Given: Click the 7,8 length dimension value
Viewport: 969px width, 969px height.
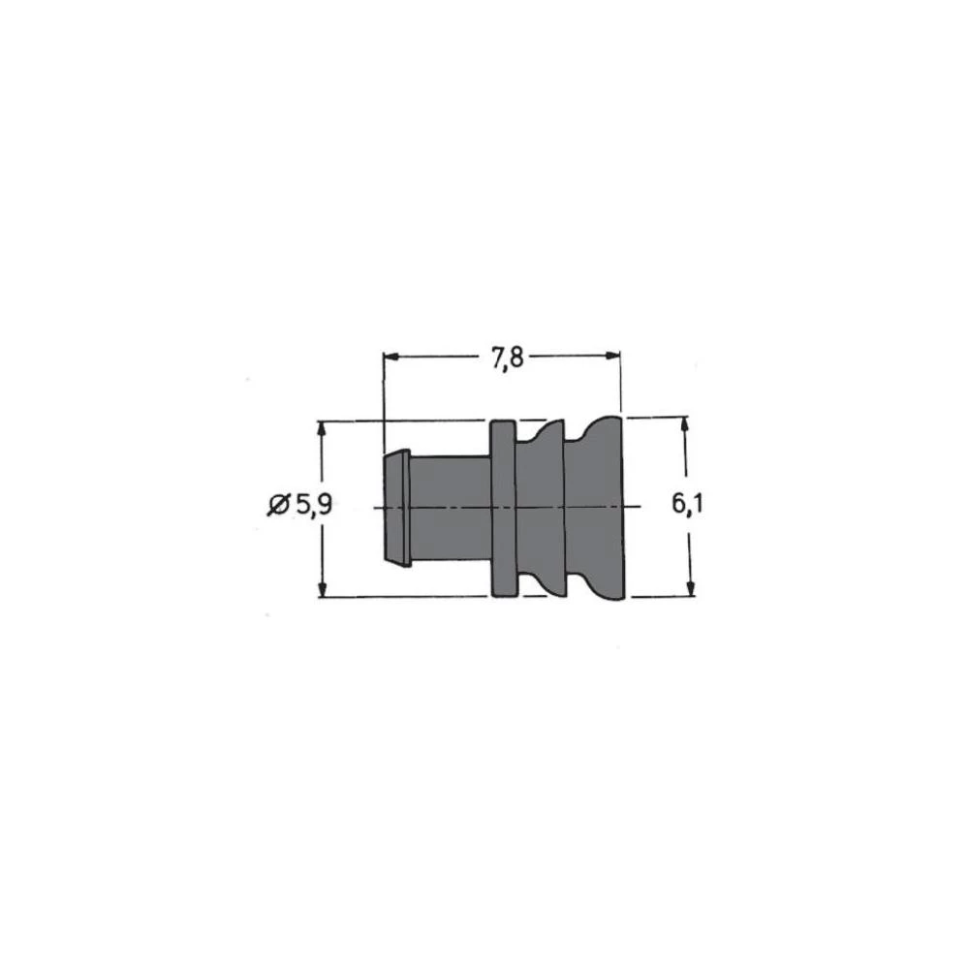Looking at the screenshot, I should pyautogui.click(x=506, y=358).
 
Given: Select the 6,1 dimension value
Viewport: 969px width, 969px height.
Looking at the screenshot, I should pyautogui.click(x=687, y=505).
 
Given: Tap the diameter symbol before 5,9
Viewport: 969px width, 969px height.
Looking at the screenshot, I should pyautogui.click(x=278, y=505).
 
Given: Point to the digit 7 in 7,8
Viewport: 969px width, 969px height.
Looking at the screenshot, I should pyautogui.click(x=495, y=358).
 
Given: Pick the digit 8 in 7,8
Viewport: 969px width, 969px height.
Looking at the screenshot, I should pyautogui.click(x=516, y=358).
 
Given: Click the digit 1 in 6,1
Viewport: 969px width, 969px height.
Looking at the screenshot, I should pyautogui.click(x=696, y=505).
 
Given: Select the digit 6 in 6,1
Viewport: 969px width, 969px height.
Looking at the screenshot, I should pyautogui.click(x=678, y=505).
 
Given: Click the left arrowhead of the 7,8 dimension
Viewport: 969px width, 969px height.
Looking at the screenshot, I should pyautogui.click(x=391, y=357).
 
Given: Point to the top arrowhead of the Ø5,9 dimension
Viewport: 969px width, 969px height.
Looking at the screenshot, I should pyautogui.click(x=322, y=429).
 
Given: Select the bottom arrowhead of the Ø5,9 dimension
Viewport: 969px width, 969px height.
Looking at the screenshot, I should pyautogui.click(x=322, y=589).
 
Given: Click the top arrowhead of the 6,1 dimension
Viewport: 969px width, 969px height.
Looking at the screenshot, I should pyautogui.click(x=687, y=425).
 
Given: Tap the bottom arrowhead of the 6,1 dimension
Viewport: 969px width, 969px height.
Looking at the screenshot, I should pyautogui.click(x=689, y=589).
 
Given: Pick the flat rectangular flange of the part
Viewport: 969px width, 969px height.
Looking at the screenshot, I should pyautogui.click(x=502, y=509).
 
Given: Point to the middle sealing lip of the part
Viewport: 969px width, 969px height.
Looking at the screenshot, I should pyautogui.click(x=540, y=509).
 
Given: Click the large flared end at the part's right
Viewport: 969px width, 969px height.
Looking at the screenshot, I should pyautogui.click(x=595, y=509).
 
